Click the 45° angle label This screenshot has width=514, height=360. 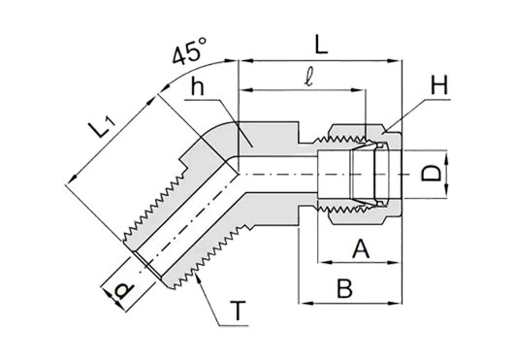tap(189, 50)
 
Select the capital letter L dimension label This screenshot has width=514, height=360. tap(321, 44)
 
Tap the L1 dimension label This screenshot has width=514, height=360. tap(102, 127)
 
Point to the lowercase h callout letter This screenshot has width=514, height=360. tap(197, 86)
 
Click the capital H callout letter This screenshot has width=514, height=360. tap(438, 84)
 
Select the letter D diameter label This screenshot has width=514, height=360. tap(432, 174)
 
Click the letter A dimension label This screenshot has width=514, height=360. tap(361, 248)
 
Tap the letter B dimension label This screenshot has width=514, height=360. tap(345, 288)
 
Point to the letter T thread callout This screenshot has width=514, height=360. tap(238, 311)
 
